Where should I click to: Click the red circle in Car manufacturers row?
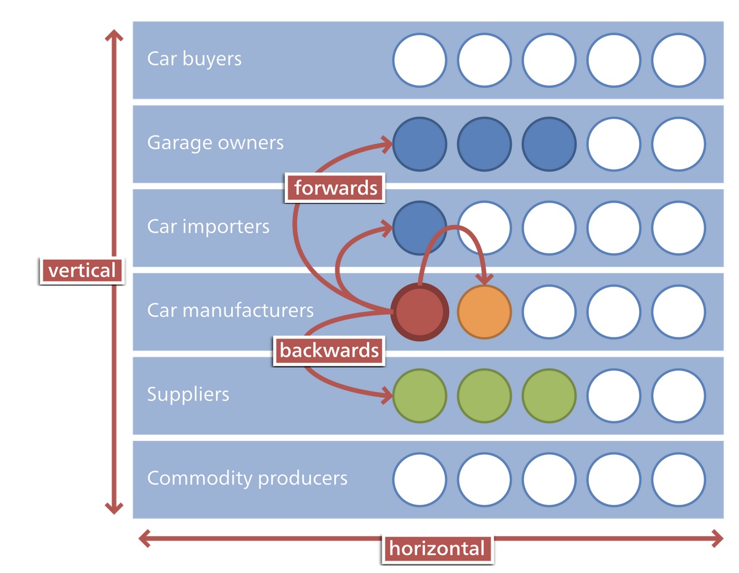pyautogui.click(x=420, y=312)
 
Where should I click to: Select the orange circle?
pyautogui.click(x=484, y=312)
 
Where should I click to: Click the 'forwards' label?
pyautogui.click(x=335, y=188)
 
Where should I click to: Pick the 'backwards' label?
pyautogui.click(x=329, y=351)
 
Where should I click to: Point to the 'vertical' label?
pyautogui.click(x=82, y=270)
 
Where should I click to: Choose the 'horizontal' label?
pyautogui.click(x=437, y=548)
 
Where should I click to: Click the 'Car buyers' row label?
pyautogui.click(x=194, y=59)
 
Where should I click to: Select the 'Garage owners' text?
pyautogui.click(x=215, y=143)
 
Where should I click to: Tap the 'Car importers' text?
pyautogui.click(x=208, y=227)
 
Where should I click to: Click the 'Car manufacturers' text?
pyautogui.click(x=230, y=311)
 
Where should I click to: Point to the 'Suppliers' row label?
pyautogui.click(x=188, y=394)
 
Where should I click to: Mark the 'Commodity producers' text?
pyautogui.click(x=247, y=478)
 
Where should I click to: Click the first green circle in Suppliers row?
pyautogui.click(x=420, y=396)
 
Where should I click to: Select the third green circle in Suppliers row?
pyautogui.click(x=549, y=396)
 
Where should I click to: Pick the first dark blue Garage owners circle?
pyautogui.click(x=420, y=144)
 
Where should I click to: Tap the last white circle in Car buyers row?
pyautogui.click(x=679, y=60)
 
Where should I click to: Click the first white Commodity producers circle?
pyautogui.click(x=420, y=480)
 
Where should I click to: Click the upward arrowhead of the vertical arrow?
pyautogui.click(x=114, y=35)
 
